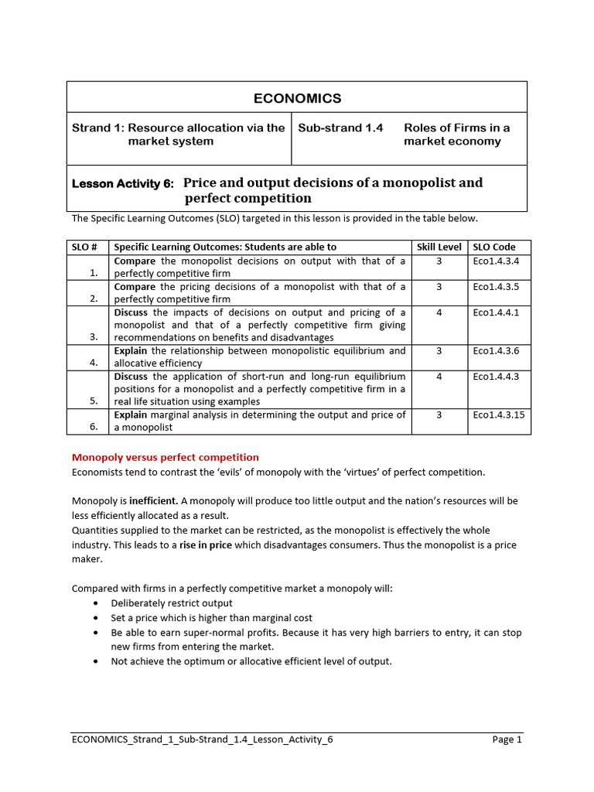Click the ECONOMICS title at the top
pos(297,98)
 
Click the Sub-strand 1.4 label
pos(340,128)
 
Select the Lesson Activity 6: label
pos(123,184)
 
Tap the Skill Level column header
pos(439,247)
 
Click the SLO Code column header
pos(494,247)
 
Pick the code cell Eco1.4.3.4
pos(496,261)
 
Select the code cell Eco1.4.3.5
pos(496,286)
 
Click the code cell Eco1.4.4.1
pos(496,312)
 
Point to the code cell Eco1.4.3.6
pos(496,350)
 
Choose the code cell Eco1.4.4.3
pos(496,377)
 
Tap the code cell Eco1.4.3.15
pos(499,415)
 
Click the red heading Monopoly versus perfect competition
pos(165,457)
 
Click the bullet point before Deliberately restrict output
pos(95,603)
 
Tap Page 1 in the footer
pos(507,739)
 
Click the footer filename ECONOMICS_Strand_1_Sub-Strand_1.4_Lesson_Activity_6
pos(202,739)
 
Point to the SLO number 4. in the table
pos(94,362)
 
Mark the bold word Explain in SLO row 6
pos(131,415)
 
